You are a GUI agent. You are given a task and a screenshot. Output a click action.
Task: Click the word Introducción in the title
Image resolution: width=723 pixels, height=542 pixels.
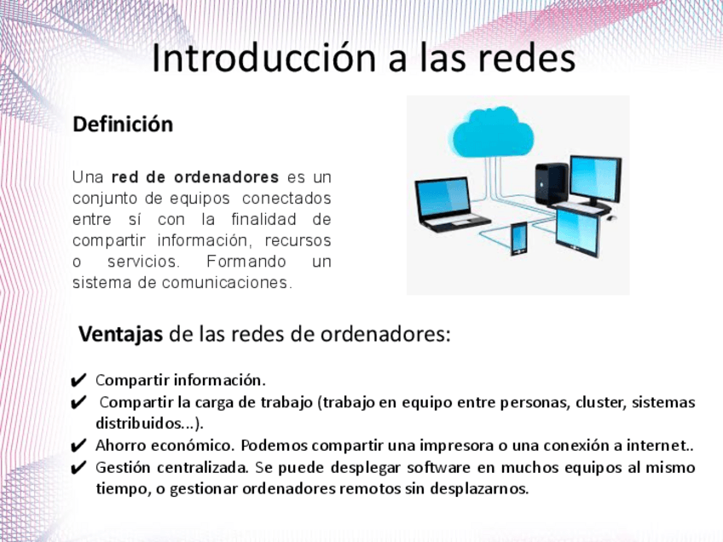pyautogui.click(x=264, y=58)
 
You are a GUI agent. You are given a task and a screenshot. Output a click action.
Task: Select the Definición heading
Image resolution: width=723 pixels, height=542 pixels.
pyautogui.click(x=123, y=124)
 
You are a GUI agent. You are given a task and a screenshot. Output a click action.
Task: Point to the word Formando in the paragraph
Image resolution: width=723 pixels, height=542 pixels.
pyautogui.click(x=246, y=262)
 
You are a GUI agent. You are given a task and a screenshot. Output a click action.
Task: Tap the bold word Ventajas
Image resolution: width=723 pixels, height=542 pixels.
pyautogui.click(x=121, y=334)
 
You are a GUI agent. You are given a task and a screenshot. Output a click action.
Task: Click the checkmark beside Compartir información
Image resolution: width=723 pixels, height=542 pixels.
pyautogui.click(x=78, y=380)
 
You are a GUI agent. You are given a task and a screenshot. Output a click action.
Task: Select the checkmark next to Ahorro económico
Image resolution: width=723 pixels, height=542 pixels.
pyautogui.click(x=78, y=446)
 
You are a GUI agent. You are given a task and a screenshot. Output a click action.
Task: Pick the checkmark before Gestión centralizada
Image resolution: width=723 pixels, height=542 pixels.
pyautogui.click(x=78, y=468)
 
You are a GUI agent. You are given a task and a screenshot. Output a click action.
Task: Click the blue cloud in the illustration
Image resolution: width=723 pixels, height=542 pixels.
pyautogui.click(x=493, y=132)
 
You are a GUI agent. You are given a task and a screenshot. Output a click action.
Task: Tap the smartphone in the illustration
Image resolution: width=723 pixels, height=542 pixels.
pyautogui.click(x=518, y=239)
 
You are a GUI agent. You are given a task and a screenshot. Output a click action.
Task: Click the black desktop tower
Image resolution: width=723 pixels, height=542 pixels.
pyautogui.click(x=552, y=185)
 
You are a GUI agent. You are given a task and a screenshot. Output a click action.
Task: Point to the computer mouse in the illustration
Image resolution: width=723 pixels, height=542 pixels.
pyautogui.click(x=611, y=217)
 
